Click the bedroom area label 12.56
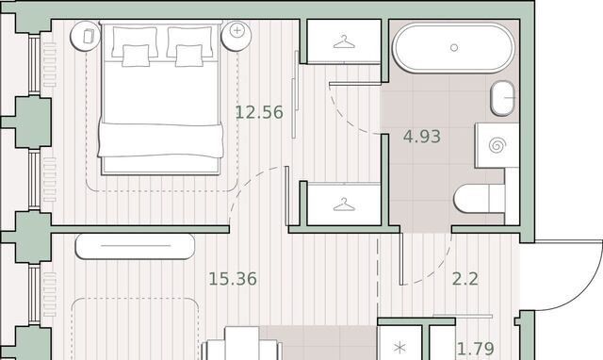(259, 112)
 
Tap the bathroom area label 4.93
(422, 137)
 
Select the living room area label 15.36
(233, 279)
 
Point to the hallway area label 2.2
(465, 279)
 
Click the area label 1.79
(476, 349)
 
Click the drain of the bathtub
(454, 48)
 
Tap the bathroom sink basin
(502, 98)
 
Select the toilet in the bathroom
(480, 199)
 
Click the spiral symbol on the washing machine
(497, 146)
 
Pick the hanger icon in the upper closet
(344, 41)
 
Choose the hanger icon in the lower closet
(344, 205)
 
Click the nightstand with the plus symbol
(236, 36)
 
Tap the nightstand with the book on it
(86, 36)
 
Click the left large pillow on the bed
(135, 41)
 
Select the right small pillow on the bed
(188, 56)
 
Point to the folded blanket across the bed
(161, 140)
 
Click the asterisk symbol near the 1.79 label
(399, 348)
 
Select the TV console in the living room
(135, 246)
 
